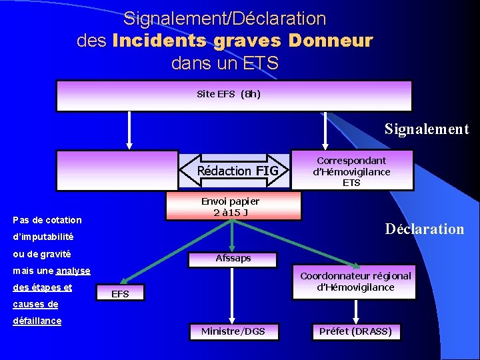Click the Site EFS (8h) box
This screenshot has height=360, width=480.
tap(233, 95)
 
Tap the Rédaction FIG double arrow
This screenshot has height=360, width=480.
tap(233, 171)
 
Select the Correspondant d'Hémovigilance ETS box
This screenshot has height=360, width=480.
tap(351, 171)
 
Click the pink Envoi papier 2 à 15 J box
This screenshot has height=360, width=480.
tap(233, 206)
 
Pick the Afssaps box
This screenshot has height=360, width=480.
tap(233, 258)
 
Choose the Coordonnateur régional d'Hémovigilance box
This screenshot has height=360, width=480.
tap(355, 281)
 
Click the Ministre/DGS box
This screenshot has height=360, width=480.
tap(233, 331)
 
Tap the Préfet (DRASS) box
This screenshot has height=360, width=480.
tap(355, 331)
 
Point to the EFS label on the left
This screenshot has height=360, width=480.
tap(120, 294)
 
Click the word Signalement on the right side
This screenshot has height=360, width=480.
tap(427, 129)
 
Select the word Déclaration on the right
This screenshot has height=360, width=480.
tap(425, 229)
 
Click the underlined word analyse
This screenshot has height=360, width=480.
tap(73, 271)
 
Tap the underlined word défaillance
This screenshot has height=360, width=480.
tap(37, 321)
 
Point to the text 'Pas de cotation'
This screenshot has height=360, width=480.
tap(47, 220)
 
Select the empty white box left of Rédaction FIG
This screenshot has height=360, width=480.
tap(117, 171)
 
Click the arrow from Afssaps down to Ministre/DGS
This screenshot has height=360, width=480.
tap(233, 293)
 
